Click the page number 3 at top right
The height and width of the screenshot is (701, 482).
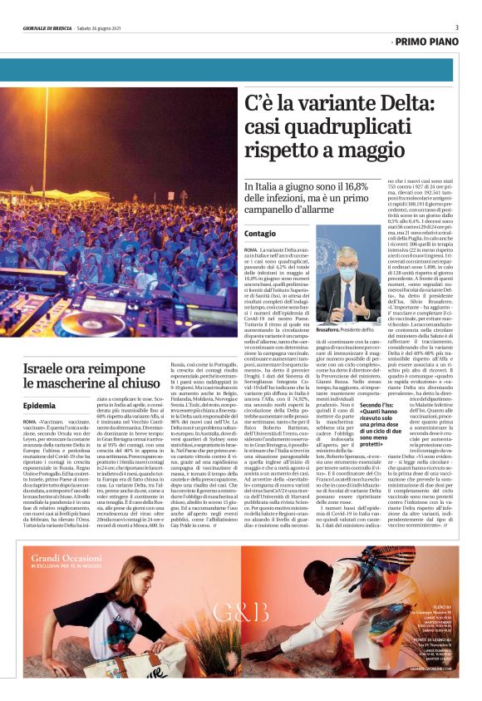click(456, 27)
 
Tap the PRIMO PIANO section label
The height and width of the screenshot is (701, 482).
click(426, 40)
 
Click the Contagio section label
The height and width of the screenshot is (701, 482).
click(260, 234)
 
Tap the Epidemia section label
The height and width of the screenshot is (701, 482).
click(40, 405)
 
